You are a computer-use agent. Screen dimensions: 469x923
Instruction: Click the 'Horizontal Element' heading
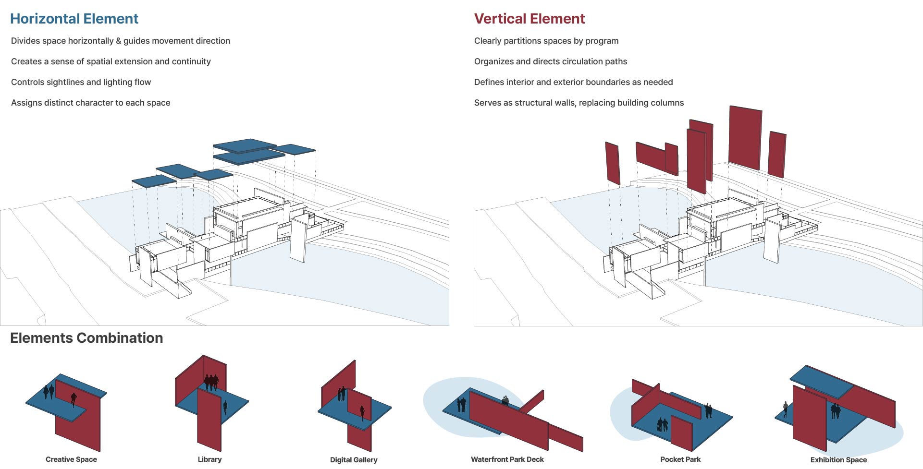click(x=74, y=19)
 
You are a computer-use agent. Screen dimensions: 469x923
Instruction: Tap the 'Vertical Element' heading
click(x=529, y=19)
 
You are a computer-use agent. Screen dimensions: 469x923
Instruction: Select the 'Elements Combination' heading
click(x=86, y=338)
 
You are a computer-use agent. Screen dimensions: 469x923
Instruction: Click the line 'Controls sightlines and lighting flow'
click(x=81, y=82)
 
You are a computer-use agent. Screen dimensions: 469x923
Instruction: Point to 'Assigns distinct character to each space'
click(x=90, y=103)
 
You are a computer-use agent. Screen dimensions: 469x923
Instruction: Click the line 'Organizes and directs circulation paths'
click(x=550, y=61)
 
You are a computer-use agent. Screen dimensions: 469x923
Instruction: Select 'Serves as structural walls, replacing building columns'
click(x=578, y=103)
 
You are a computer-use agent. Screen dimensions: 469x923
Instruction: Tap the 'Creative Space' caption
click(x=71, y=459)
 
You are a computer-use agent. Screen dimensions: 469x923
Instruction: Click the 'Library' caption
click(x=209, y=459)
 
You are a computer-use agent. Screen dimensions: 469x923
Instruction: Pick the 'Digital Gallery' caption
click(x=354, y=460)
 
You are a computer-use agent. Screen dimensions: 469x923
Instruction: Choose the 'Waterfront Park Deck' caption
click(x=507, y=459)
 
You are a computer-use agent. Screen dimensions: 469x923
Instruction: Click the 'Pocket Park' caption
click(x=680, y=459)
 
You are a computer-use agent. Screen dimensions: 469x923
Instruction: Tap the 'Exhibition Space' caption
click(x=838, y=460)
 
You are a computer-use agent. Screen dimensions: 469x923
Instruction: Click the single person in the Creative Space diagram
click(x=74, y=398)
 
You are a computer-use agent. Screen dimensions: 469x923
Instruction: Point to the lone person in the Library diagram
click(x=225, y=407)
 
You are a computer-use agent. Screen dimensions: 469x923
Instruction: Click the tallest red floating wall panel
click(x=745, y=137)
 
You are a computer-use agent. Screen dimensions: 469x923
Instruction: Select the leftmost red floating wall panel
click(x=612, y=163)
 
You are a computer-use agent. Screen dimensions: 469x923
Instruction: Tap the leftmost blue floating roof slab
click(x=154, y=181)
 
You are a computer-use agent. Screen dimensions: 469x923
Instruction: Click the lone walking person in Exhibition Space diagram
click(x=785, y=409)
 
